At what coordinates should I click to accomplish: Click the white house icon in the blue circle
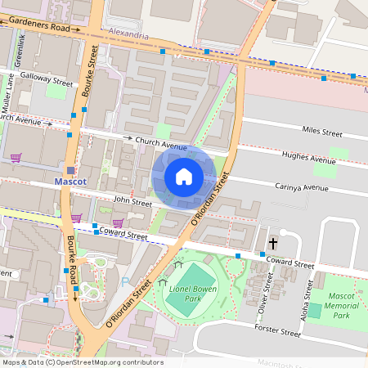[184, 177]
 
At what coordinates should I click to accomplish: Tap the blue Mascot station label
[70, 182]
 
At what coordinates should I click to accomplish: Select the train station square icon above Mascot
[71, 170]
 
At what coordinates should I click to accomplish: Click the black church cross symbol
[273, 244]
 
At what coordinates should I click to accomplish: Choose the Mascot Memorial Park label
[336, 304]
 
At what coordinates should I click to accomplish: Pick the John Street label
[132, 202]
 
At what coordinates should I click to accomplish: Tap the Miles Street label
[321, 131]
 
